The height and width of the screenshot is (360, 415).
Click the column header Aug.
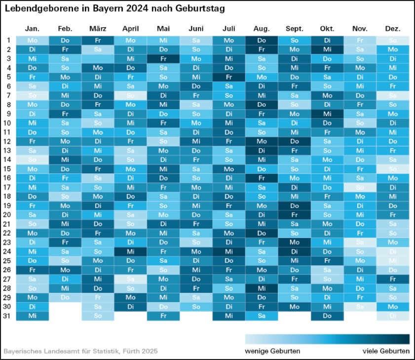tap(262, 29)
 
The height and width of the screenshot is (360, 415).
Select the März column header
tap(98, 29)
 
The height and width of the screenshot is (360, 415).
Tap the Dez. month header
tap(393, 29)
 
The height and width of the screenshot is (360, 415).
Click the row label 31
tap(9, 316)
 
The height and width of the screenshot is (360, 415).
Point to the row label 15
tap(9, 169)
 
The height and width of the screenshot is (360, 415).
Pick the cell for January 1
tap(32, 40)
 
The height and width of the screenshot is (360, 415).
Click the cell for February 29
tap(65, 297)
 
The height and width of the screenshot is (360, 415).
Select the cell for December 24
tap(393, 251)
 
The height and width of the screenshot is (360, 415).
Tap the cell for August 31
tap(262, 316)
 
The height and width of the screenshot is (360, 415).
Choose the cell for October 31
tap(327, 316)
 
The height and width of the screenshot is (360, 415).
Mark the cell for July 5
tap(229, 77)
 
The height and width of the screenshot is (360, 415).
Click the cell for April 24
tap(131, 251)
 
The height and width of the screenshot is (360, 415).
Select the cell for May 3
tap(163, 59)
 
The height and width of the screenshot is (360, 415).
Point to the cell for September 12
tap(295, 141)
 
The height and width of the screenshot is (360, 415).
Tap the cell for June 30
tap(196, 306)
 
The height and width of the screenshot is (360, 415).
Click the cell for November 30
tap(360, 306)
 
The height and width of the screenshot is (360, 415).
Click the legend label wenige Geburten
tap(272, 351)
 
